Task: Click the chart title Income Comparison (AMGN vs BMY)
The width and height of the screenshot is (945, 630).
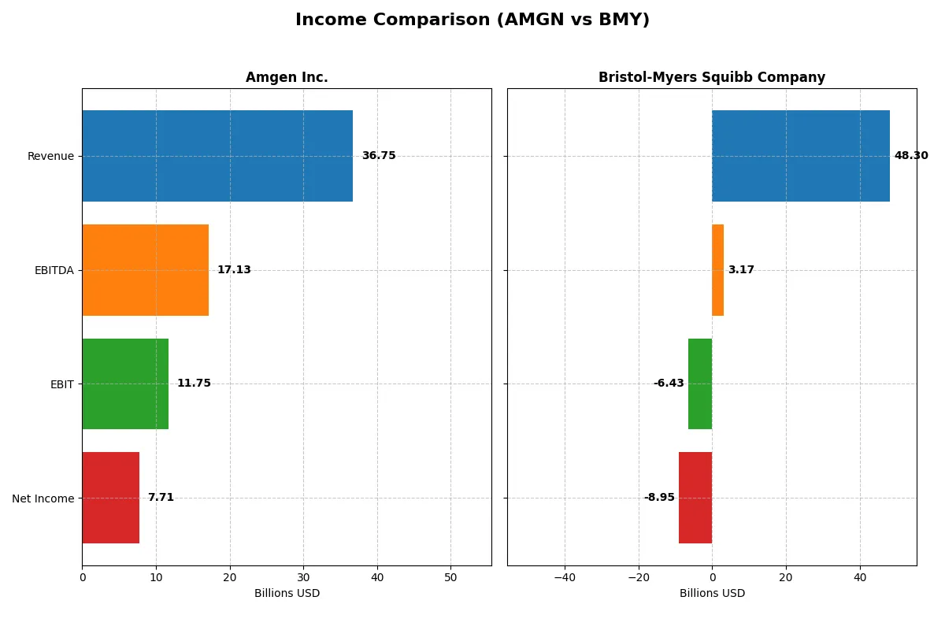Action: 472,20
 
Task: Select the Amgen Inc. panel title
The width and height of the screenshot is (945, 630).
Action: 287,78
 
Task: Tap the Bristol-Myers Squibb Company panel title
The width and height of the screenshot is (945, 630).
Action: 711,78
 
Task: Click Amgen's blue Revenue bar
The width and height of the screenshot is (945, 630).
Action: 217,156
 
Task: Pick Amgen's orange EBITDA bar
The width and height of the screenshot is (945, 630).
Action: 145,270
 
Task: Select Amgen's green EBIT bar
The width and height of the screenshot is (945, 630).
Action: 125,384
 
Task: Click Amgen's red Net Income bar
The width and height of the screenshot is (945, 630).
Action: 110,498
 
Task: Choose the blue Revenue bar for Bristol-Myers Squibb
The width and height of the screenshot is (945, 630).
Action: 801,156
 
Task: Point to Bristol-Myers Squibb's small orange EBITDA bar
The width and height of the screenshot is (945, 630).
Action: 717,270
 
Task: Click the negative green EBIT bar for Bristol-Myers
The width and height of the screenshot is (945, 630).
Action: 700,384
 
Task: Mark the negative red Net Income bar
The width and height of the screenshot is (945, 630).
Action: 695,498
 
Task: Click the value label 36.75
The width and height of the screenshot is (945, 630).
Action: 379,156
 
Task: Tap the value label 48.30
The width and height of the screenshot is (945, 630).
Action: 911,156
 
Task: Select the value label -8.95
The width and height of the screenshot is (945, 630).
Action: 659,498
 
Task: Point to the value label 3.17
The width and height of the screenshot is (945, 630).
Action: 741,270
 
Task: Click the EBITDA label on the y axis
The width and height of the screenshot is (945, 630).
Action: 54,271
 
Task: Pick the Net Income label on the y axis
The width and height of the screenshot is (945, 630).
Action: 43,498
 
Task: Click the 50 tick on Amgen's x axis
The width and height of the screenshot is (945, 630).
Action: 450,577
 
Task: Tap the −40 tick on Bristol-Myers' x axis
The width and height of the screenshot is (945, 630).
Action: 565,577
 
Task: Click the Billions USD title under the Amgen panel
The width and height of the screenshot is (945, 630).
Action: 287,594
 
